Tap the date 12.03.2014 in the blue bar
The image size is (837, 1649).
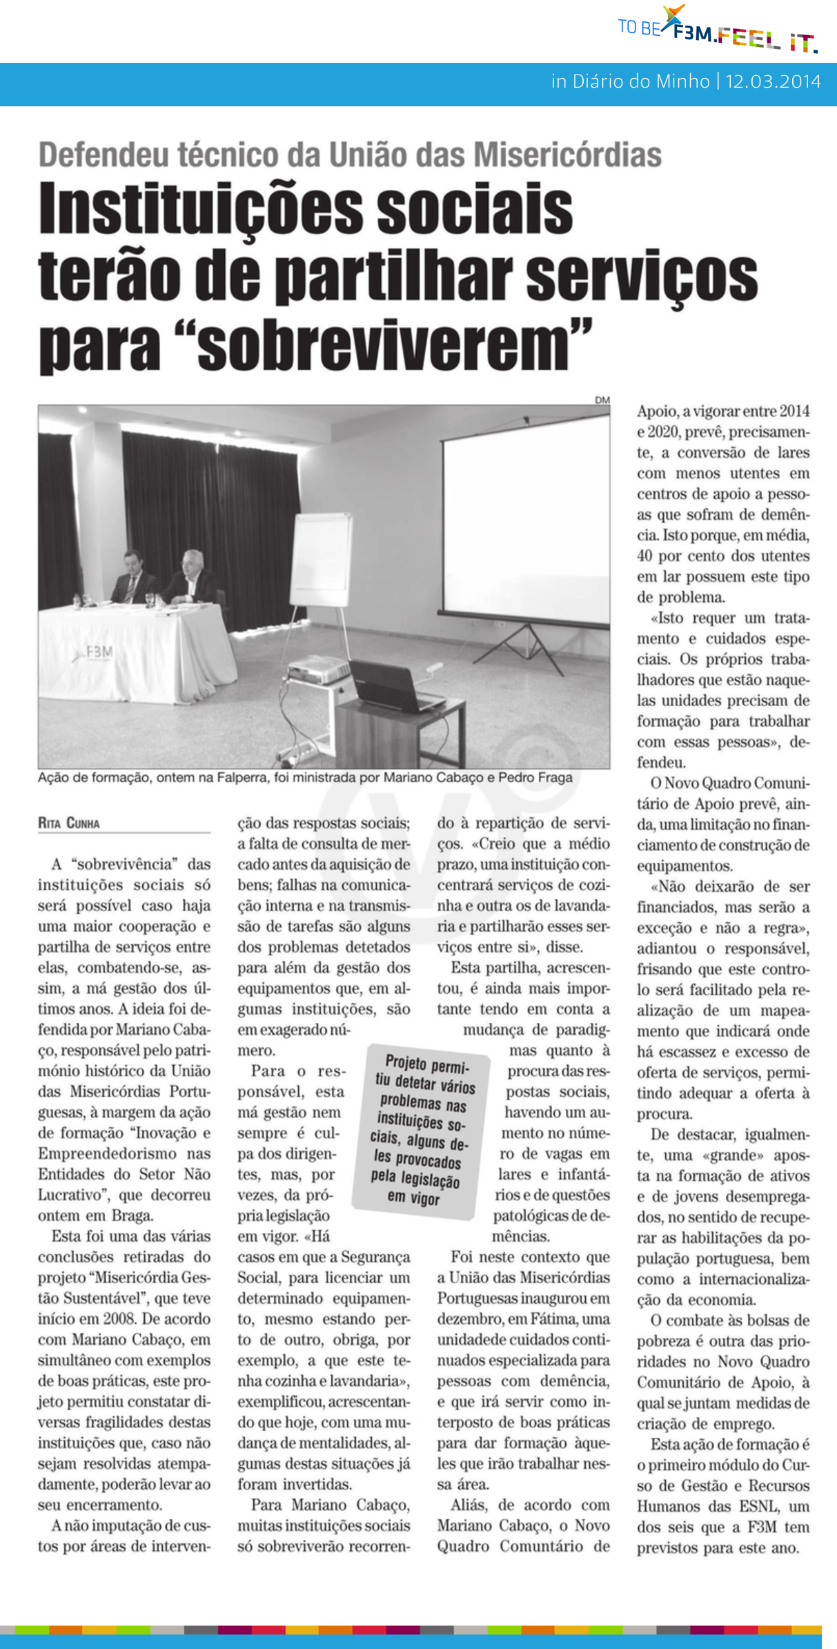coord(773,81)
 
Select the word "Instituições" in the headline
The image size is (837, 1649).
coord(200,208)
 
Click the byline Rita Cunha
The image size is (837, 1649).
coord(69,823)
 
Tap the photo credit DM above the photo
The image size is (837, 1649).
coord(602,400)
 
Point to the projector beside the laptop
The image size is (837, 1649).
coord(319,670)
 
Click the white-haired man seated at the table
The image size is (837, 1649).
coord(191,576)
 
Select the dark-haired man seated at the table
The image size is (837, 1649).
coord(131,576)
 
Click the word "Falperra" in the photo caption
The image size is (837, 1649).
coord(242,777)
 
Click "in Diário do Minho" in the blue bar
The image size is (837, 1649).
coord(630,81)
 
